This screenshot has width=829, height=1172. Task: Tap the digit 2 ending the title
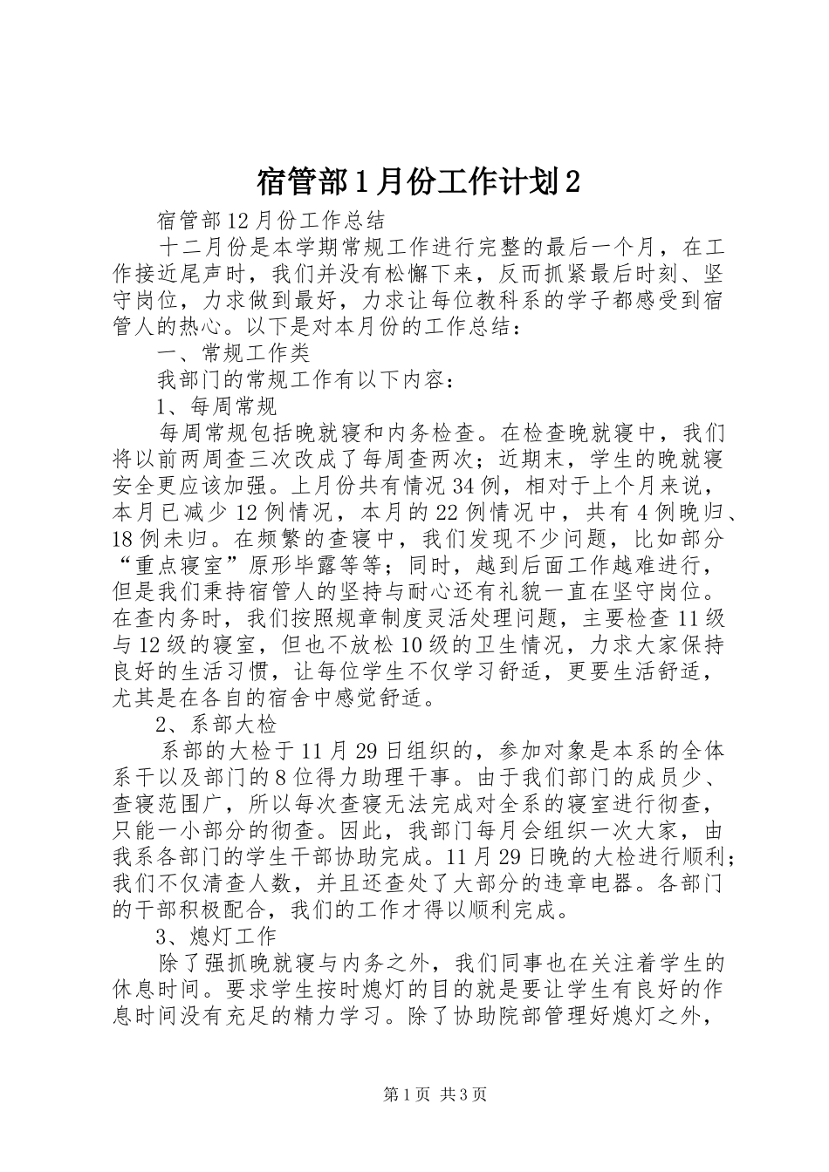572,182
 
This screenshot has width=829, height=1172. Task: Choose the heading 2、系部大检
216,725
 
